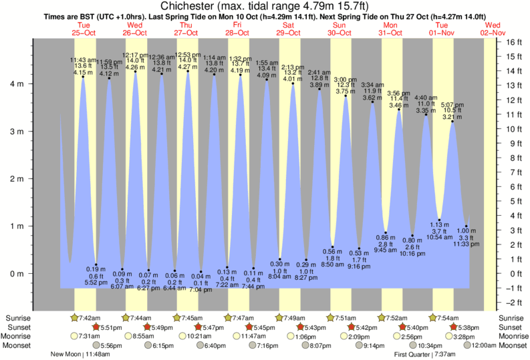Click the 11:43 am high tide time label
83,59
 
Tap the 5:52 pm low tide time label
96,283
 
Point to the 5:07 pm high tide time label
452,104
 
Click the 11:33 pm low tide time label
466,244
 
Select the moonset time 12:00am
484,345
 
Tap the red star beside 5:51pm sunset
96,327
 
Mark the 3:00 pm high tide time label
346,79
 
